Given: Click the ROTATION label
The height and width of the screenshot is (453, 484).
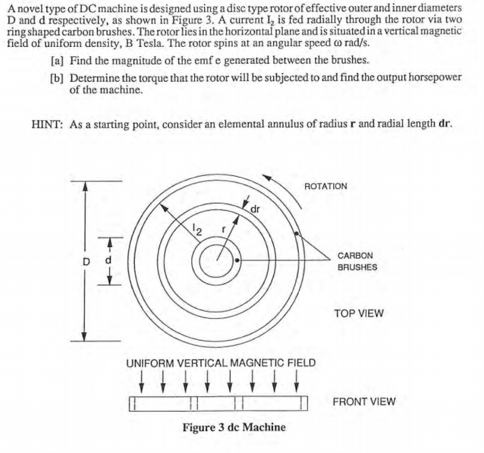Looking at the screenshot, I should coord(326,186).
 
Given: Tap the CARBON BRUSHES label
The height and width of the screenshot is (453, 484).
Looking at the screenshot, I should coord(357,261).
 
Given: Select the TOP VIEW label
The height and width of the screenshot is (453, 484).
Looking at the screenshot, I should coord(359,313).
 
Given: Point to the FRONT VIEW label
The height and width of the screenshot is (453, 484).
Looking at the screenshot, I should coord(364,402).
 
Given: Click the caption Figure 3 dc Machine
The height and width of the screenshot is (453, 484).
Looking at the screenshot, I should coord(234,427).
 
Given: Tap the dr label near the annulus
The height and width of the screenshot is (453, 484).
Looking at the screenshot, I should coord(255,209).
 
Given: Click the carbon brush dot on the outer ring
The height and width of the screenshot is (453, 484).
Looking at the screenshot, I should coord(296,234).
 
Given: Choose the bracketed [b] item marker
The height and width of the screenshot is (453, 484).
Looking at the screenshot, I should coord(57,78).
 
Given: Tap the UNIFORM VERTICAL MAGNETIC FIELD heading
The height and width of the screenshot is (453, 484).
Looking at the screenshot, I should coord(221,363).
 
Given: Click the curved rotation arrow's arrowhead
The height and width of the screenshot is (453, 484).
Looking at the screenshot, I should coord(268,178).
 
